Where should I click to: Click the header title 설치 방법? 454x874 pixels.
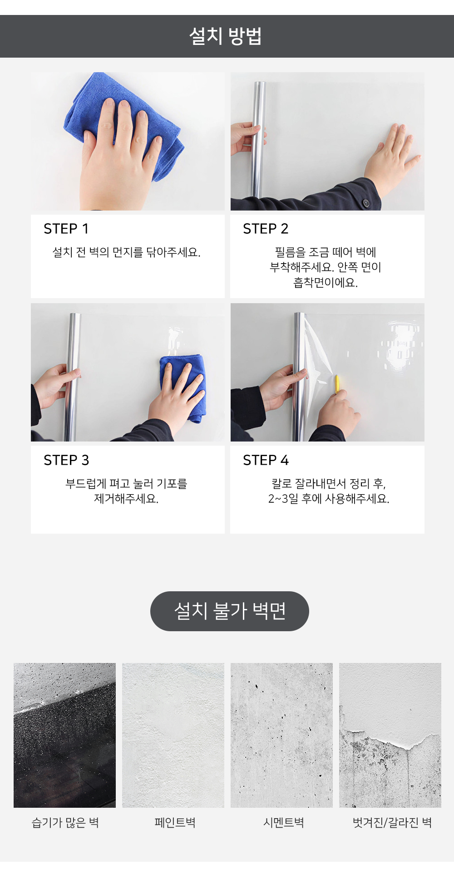(226, 36)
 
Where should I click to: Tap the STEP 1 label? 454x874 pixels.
(66, 229)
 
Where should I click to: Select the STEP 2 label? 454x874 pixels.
(266, 229)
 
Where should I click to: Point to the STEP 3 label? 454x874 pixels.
(66, 460)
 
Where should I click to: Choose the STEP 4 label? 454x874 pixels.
(266, 460)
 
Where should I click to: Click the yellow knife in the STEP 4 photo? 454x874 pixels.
(337, 383)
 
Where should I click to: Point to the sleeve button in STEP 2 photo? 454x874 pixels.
(366, 202)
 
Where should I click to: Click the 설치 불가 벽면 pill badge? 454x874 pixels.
(230, 611)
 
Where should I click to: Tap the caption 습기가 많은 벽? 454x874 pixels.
(65, 822)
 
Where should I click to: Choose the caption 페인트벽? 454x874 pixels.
(175, 822)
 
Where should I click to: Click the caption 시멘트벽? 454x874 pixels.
(284, 822)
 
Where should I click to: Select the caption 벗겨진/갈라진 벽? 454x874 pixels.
(392, 822)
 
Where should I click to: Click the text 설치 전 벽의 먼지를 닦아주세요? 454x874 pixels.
(127, 252)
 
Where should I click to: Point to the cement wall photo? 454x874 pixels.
(281, 735)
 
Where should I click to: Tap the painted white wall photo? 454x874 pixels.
(173, 735)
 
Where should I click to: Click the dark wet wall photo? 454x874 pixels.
(64, 735)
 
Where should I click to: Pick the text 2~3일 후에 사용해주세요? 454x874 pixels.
(329, 499)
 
